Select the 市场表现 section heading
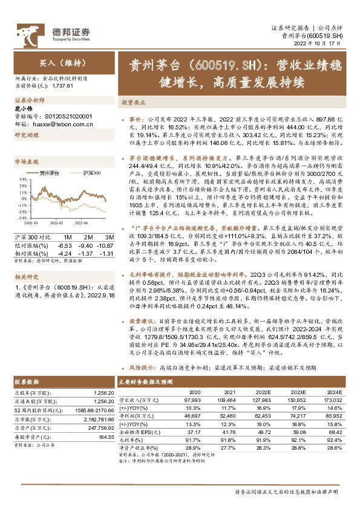27,162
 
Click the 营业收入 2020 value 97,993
192,400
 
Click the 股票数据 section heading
27,382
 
